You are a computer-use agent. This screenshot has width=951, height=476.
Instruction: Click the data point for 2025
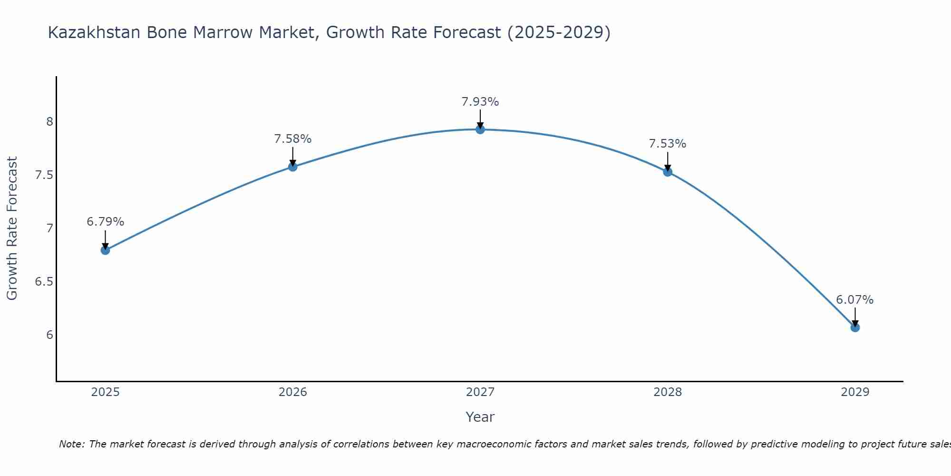(105, 250)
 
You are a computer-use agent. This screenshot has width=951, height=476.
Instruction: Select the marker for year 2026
(292, 167)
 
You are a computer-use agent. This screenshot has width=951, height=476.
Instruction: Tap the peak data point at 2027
(480, 129)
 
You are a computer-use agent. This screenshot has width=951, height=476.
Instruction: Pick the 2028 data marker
(668, 172)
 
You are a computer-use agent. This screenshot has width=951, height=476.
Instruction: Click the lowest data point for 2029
(855, 327)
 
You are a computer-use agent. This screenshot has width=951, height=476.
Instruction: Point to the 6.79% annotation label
(105, 222)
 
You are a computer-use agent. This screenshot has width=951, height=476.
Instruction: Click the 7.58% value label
(292, 139)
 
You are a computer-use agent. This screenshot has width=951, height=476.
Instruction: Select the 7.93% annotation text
(480, 102)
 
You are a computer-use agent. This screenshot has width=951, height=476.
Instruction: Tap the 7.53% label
(668, 144)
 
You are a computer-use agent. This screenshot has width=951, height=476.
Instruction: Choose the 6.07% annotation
(855, 300)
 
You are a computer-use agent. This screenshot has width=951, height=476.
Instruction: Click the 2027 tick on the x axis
(480, 392)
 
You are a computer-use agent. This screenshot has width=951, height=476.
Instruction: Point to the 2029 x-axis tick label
(855, 392)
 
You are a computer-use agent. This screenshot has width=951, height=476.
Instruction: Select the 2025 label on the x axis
(105, 392)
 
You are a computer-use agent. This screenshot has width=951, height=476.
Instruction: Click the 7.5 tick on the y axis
(44, 175)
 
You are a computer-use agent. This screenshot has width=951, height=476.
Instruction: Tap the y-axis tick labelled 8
(49, 122)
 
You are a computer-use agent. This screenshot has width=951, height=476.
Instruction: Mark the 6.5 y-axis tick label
(44, 282)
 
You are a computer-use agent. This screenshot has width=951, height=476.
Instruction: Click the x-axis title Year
(480, 417)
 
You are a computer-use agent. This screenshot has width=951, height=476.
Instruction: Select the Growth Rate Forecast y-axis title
(12, 228)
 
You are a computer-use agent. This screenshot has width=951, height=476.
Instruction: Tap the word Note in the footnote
(71, 444)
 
